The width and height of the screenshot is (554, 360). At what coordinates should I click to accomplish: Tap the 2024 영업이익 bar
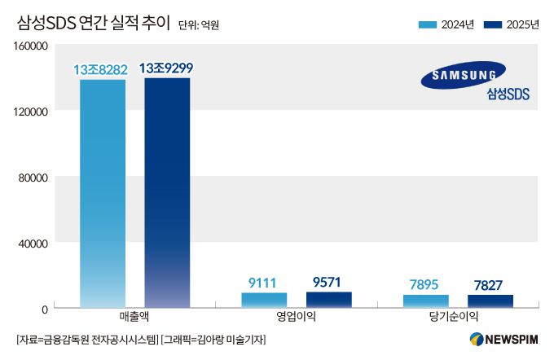point(264,300)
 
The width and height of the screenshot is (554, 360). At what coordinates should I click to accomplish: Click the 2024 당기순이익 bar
point(425,301)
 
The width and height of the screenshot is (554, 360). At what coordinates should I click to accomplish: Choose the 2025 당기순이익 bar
point(490,301)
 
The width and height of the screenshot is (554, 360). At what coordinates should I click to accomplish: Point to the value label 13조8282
point(101,69)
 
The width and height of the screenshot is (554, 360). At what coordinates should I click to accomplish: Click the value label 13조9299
point(166,68)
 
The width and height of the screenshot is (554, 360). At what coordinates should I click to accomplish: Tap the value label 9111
point(264,282)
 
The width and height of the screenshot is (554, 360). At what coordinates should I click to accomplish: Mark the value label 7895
point(425,284)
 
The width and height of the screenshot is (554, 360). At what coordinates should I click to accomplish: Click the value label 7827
point(490,284)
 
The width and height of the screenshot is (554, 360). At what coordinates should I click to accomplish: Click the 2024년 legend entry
point(446,24)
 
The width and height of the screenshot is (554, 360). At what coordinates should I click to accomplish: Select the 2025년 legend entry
point(511,24)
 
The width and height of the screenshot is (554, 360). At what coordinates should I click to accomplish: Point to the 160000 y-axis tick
point(29,46)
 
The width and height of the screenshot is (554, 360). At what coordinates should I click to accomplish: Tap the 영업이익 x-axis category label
point(296,317)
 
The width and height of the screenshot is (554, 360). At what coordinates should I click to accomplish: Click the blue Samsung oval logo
point(463,75)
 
